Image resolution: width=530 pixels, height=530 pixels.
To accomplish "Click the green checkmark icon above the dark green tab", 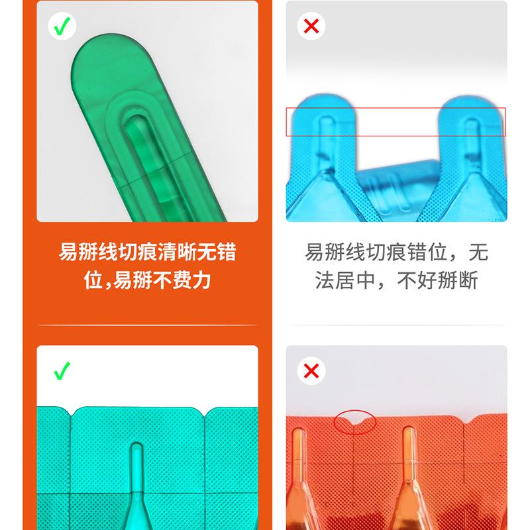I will pos(62,26).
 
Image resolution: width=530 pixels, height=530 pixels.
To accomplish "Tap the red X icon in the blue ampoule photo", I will pos(311,26).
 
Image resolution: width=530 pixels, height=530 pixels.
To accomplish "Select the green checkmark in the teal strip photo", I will pos(62,371).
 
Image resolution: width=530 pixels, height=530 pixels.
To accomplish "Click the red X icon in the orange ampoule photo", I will pos(311,371).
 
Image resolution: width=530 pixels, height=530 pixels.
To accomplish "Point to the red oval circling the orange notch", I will pos(355,421).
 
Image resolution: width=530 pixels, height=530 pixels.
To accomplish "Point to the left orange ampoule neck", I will pos(299,457).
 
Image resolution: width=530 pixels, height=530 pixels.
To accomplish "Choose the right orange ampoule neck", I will pos(409,450).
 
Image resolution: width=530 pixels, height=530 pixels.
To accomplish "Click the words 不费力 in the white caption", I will pos(182,280).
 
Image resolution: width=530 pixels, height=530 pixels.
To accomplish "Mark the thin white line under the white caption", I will pos(147,325).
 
